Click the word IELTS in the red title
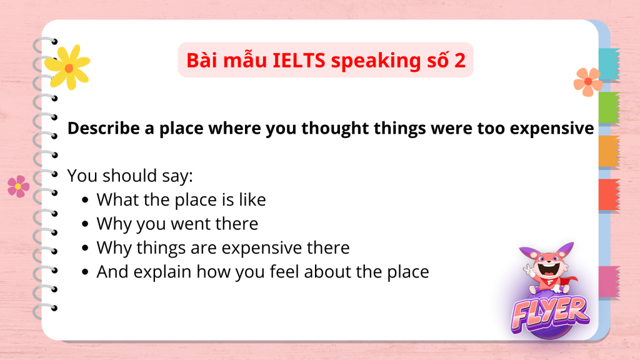[x=299, y=61]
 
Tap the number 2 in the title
[x=459, y=61]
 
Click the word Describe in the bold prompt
[x=104, y=128]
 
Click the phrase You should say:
[x=130, y=176]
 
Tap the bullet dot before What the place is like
[x=85, y=200]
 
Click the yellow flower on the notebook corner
[x=67, y=67]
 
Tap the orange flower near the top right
[x=587, y=82]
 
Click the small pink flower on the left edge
[x=18, y=186]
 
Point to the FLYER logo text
[x=550, y=314]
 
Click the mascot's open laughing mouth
[x=548, y=269]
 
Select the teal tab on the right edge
[x=609, y=64]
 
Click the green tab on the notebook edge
[x=609, y=107]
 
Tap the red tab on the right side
[x=609, y=195]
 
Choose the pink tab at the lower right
[x=609, y=282]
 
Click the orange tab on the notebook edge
[x=609, y=151]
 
